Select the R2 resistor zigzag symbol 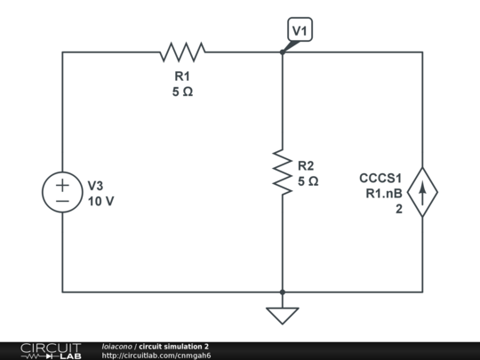click(x=282, y=172)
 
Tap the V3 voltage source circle click(x=62, y=194)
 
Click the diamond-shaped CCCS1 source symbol click(x=422, y=194)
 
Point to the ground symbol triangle click(x=282, y=315)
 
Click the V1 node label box click(x=300, y=31)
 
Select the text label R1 click(x=182, y=76)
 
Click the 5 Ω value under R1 click(x=182, y=92)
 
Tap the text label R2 click(x=307, y=165)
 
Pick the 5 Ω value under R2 click(x=308, y=180)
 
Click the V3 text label click(x=96, y=186)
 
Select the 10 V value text click(x=100, y=201)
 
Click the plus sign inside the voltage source click(x=62, y=186)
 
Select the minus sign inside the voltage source click(x=62, y=202)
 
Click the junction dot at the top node click(x=282, y=52)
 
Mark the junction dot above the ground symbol click(x=282, y=292)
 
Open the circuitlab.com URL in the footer click(x=156, y=356)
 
